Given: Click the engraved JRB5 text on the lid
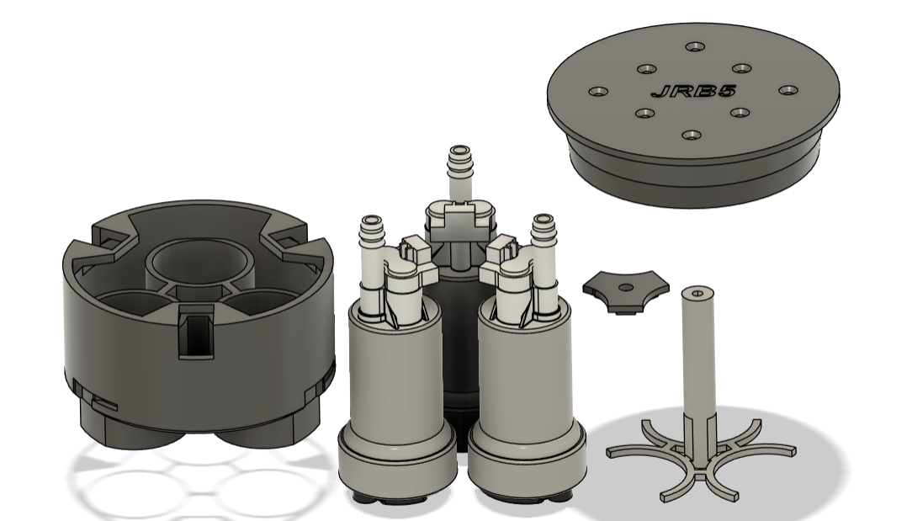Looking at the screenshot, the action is click(x=693, y=91).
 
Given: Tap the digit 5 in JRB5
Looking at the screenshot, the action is click(x=726, y=91).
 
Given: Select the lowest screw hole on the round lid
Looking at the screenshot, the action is click(x=691, y=136).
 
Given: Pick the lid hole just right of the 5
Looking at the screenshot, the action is click(x=788, y=90).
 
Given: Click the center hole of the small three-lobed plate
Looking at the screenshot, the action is click(x=626, y=288).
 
